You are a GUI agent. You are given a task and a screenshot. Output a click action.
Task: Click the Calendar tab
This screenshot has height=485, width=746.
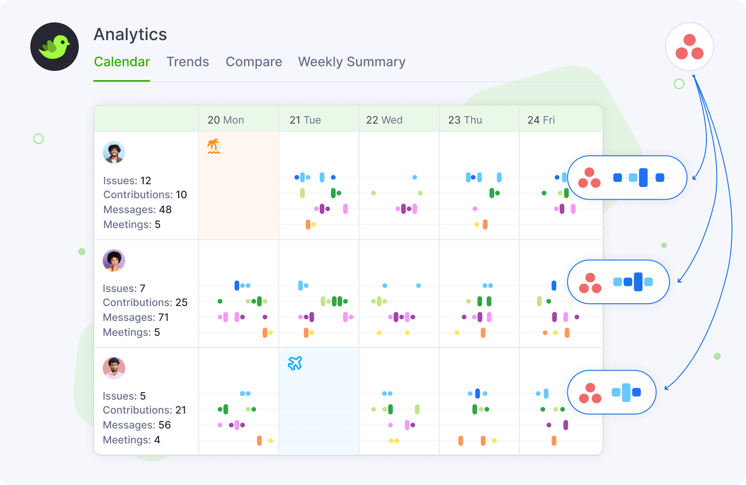point(122,62)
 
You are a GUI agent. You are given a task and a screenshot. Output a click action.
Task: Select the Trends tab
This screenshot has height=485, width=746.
point(187,62)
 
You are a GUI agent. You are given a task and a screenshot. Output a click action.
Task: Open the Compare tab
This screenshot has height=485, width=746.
point(254,62)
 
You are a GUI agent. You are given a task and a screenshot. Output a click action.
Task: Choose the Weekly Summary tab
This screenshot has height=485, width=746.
point(352,62)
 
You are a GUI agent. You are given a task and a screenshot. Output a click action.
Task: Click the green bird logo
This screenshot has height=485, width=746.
point(55,47)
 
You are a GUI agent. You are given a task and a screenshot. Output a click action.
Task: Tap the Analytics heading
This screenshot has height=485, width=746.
point(130,35)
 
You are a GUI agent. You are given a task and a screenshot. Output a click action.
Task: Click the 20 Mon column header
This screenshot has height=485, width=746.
point(226,120)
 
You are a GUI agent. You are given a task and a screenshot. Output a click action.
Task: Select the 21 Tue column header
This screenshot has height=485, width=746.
point(305,120)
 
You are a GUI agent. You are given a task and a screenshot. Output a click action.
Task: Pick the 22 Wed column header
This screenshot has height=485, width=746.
point(384,120)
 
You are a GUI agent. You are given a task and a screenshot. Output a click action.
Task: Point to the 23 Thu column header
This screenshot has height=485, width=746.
point(465,120)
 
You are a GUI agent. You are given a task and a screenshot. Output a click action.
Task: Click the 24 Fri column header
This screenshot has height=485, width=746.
point(541,120)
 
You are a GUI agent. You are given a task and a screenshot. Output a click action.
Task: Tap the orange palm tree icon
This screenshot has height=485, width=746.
point(214,146)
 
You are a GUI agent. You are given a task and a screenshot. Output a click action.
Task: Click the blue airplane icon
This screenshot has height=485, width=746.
point(295,363)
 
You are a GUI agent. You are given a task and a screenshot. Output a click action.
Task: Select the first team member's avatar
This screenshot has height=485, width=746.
point(114,152)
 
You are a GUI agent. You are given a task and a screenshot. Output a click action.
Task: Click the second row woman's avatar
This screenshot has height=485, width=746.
point(114,260)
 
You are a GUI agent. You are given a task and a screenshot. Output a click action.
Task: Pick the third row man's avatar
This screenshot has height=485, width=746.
point(114,368)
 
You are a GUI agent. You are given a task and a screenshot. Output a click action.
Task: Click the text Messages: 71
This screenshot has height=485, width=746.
point(136,318)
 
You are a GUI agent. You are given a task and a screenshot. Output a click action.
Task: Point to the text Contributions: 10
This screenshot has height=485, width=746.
point(145,195)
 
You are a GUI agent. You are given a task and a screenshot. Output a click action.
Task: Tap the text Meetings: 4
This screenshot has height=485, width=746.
point(131,440)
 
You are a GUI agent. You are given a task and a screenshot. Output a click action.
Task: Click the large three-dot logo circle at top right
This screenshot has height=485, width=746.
point(689,47)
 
